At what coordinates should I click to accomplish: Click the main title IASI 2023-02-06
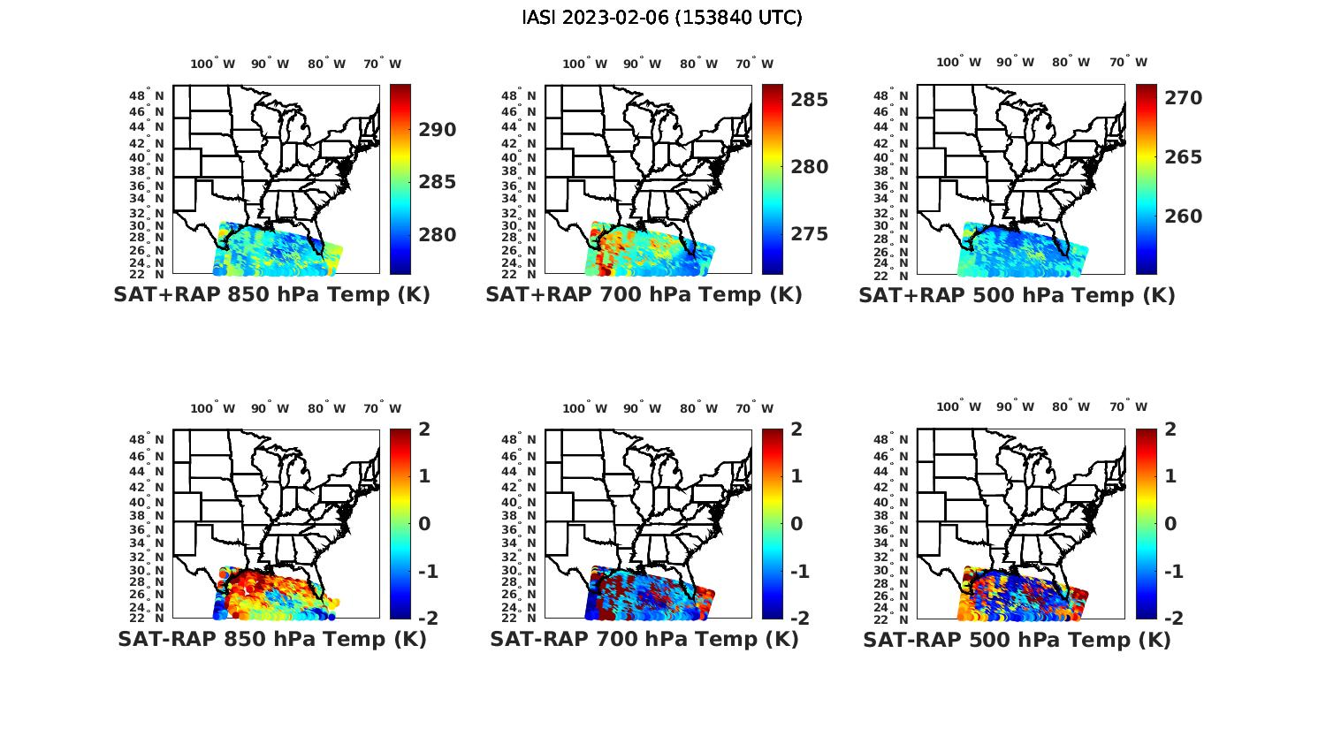pos(662,18)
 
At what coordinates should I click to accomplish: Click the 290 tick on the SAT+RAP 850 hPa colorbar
pos(437,130)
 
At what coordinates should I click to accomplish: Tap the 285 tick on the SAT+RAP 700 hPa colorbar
pos(809,100)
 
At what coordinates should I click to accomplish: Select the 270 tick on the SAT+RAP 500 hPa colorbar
pos(1183,98)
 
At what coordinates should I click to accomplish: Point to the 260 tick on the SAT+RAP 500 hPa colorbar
pos(1183,216)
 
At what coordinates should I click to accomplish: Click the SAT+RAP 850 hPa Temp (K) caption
pos(271,295)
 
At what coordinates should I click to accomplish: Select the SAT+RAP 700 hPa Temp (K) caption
pos(644,295)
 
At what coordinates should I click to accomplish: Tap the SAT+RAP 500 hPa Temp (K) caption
pos(1017,295)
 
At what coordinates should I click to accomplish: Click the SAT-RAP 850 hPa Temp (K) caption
pos(271,639)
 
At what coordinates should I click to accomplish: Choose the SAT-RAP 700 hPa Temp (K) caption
pos(644,639)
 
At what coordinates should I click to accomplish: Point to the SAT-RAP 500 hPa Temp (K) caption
pos(1017,639)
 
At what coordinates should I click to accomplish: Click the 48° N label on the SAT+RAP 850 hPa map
pos(147,95)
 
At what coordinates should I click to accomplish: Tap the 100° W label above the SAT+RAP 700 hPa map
pos(584,64)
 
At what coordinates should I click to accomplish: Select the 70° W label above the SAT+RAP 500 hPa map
pos(1128,62)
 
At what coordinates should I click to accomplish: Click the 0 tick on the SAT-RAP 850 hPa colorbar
pos(424,524)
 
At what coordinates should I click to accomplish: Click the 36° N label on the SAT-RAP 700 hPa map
pos(519,529)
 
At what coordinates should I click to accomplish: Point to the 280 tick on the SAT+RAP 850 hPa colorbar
pos(437,235)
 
